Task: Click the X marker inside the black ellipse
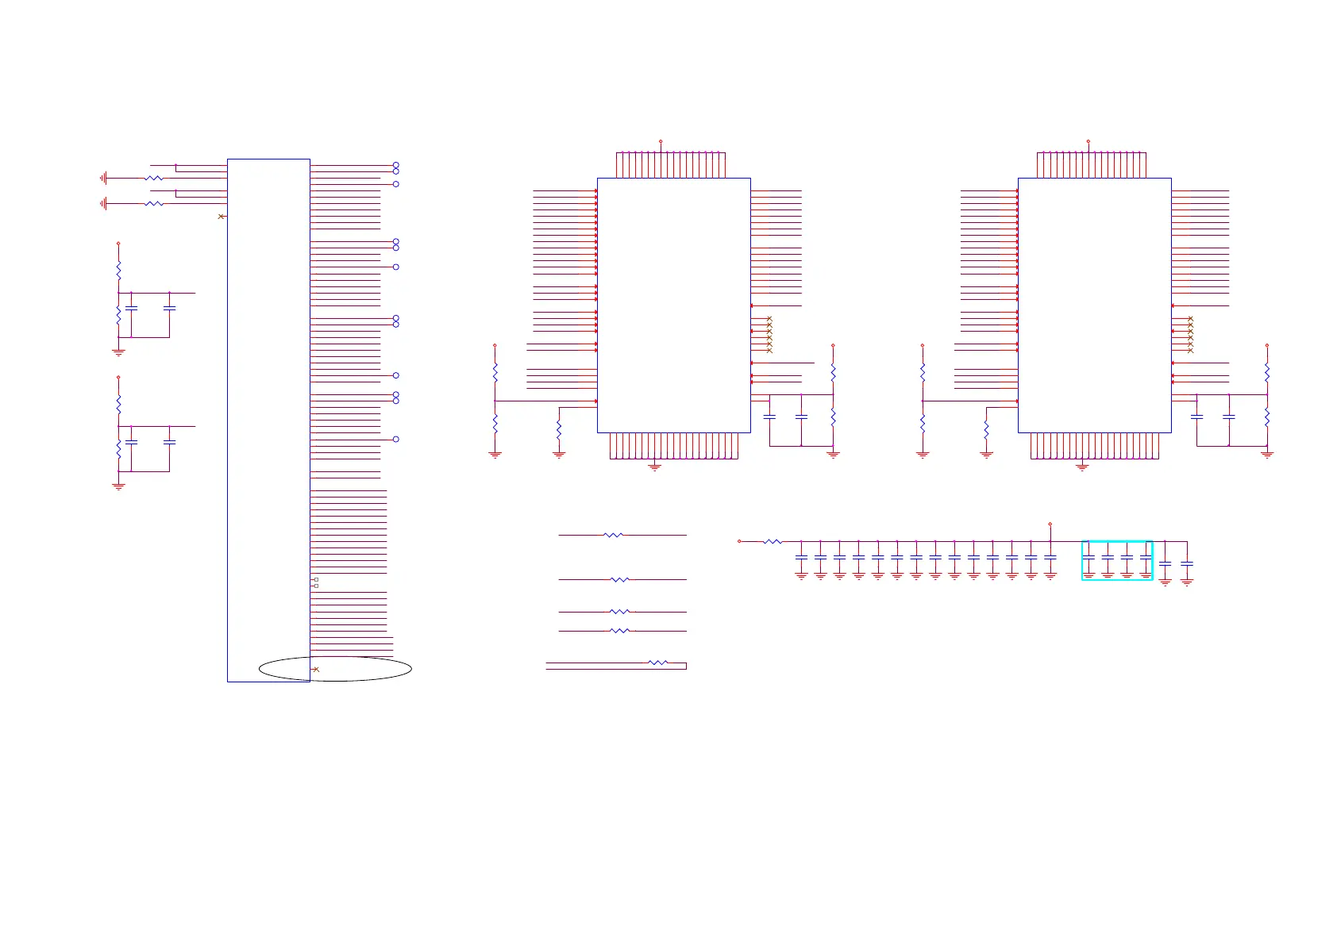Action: tap(316, 670)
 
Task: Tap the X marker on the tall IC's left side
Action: tap(221, 217)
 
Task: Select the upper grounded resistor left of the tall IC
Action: tap(154, 179)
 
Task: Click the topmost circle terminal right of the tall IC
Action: tap(396, 166)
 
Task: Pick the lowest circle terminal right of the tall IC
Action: tap(396, 439)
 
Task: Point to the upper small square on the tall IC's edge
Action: tap(316, 580)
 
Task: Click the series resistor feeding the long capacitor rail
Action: tap(772, 542)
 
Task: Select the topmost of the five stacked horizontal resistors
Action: tap(613, 536)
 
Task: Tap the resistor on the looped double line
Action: tap(657, 663)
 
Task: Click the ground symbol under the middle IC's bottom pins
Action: tap(655, 467)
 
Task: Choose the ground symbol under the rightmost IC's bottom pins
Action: tap(1082, 467)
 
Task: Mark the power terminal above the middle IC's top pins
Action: tap(661, 142)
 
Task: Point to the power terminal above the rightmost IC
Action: tap(1088, 142)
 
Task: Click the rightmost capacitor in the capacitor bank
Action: tap(1187, 563)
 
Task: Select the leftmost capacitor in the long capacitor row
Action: tap(801, 558)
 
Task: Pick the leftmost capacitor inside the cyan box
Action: tap(1088, 558)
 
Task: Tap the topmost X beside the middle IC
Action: tap(769, 319)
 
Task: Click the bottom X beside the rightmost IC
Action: tap(1190, 351)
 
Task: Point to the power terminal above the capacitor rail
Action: tap(1050, 524)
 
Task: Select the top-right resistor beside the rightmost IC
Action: tap(1267, 372)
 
